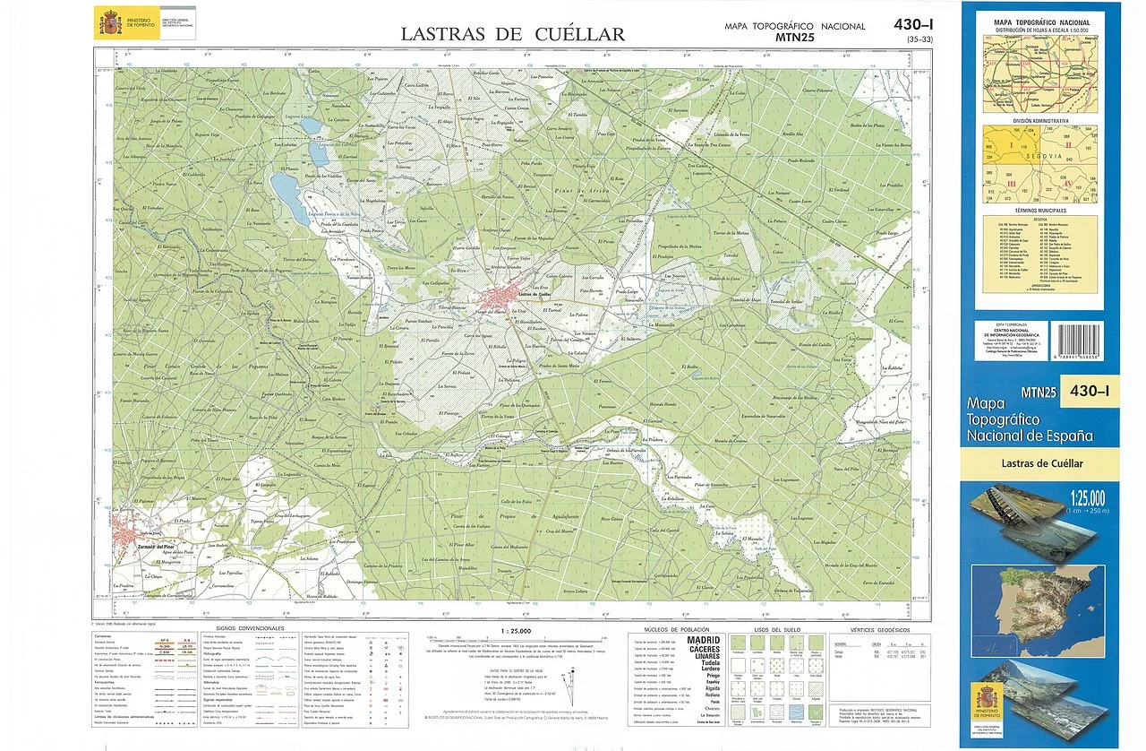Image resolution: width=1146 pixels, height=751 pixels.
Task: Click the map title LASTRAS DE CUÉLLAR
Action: [512, 35]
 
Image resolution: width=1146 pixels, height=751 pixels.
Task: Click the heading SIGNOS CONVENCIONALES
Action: [250, 628]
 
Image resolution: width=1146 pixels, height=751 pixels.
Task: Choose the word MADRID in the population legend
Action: [704, 641]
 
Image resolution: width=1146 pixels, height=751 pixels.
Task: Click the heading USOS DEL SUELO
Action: [774, 629]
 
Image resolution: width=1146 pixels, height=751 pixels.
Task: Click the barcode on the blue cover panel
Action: [1079, 342]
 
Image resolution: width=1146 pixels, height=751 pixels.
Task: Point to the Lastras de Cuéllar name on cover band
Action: [1041, 463]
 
